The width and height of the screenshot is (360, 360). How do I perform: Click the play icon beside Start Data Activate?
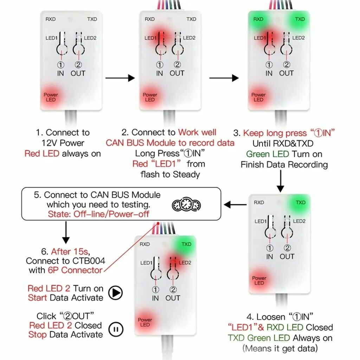(115, 292)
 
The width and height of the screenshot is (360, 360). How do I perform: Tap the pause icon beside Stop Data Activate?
(115, 329)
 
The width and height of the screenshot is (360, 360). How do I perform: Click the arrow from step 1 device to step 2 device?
(120, 78)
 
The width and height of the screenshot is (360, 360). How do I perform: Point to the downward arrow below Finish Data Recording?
(280, 181)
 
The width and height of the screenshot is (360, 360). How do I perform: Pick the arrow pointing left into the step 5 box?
(236, 204)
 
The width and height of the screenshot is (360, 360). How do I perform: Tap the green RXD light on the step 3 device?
(258, 19)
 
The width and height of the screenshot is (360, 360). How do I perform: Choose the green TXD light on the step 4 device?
(300, 202)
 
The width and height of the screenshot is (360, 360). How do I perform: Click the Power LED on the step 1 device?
(51, 97)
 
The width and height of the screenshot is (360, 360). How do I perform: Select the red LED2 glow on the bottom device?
(176, 263)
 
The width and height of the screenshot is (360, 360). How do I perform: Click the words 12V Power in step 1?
(63, 143)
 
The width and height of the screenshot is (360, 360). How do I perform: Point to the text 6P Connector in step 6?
(75, 270)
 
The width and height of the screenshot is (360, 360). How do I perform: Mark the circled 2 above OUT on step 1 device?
(78, 65)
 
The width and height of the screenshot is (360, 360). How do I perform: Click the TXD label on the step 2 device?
(191, 19)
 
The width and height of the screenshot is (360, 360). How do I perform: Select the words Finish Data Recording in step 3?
(284, 165)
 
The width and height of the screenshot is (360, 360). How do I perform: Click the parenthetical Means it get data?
(280, 349)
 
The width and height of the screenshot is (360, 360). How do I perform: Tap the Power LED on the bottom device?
(145, 322)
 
